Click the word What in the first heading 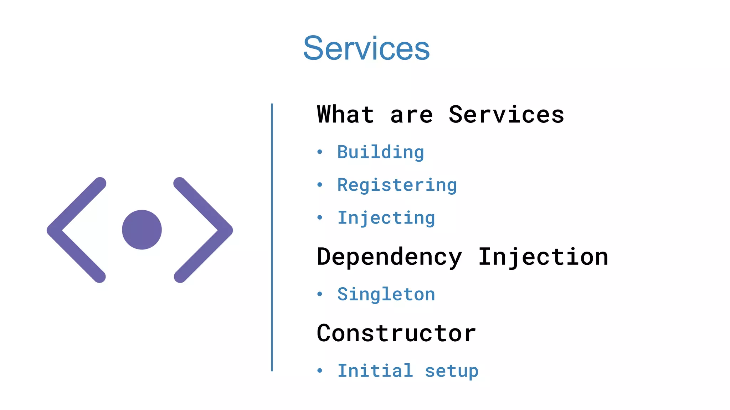(345, 115)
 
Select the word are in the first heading (411, 115)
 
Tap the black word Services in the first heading (506, 115)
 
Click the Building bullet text (381, 152)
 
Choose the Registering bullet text (397, 185)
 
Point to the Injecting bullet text (386, 218)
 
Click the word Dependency (389, 257)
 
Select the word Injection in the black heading (543, 257)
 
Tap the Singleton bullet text (386, 294)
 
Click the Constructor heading (396, 333)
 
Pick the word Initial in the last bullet (375, 371)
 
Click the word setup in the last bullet (452, 371)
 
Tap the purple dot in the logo (142, 230)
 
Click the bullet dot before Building (320, 152)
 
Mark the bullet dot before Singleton (320, 294)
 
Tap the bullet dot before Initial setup (320, 371)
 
